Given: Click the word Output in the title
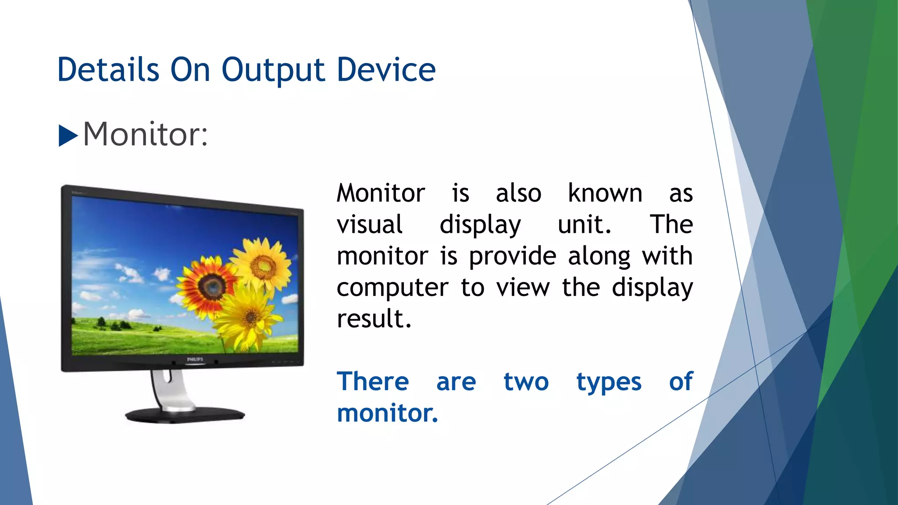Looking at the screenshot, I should [273, 71].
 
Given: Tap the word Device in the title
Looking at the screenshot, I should [386, 70].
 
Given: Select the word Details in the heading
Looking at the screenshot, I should [108, 70].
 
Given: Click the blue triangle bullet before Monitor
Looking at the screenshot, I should [68, 135].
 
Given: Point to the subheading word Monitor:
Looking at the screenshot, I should [145, 134].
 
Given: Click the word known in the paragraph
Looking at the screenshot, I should [605, 193].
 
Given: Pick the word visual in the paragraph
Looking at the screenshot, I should [369, 224].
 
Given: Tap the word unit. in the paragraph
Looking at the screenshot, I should [584, 224].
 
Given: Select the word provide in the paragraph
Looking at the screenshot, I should [512, 257].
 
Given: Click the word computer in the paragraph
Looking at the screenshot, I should [392, 288].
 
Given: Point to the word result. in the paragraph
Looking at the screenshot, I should [374, 319].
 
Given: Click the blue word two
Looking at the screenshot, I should [526, 382].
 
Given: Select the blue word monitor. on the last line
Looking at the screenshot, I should [387, 413].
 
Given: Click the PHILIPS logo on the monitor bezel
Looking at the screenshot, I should [195, 359].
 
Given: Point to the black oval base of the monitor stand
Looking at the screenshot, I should [185, 415].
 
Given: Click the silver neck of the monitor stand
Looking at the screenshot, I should [169, 388].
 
